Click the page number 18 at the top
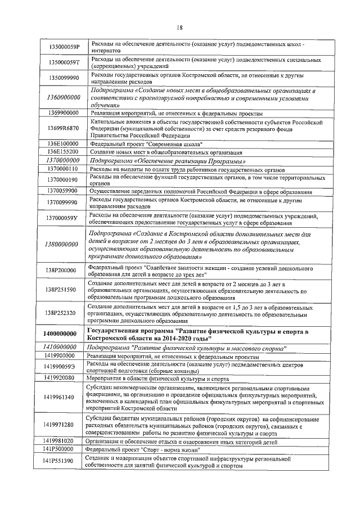(x=180, y=29)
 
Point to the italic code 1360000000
(x=63, y=97)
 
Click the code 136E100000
(x=62, y=144)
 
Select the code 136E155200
(x=62, y=152)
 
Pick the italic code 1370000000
(x=62, y=160)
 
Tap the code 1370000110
(x=62, y=168)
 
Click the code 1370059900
(x=62, y=191)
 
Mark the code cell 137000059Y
(x=63, y=218)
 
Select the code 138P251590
(x=61, y=290)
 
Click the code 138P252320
(x=61, y=313)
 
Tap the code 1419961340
(x=61, y=397)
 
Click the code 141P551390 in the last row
(x=61, y=461)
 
